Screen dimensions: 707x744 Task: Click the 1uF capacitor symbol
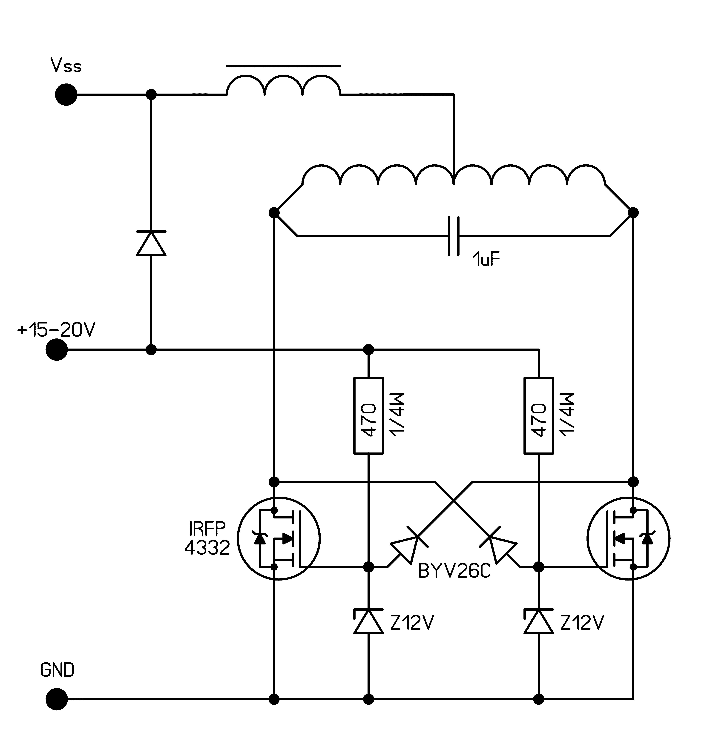[x=454, y=236]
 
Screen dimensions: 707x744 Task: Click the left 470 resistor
[x=369, y=415]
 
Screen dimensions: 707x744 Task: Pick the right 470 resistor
[x=539, y=415]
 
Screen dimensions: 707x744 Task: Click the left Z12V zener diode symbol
[x=369, y=621]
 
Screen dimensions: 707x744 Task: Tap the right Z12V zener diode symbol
[x=539, y=621]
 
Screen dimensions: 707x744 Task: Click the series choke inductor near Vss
[x=283, y=85]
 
